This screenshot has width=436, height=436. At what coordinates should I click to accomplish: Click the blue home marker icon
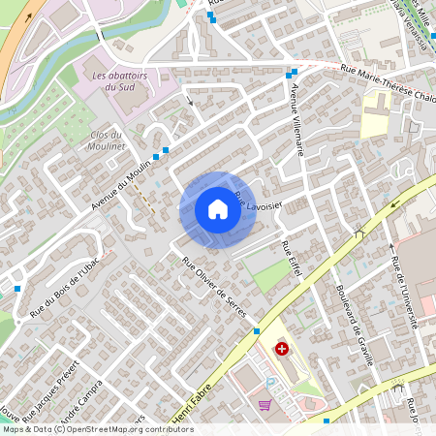(x=217, y=209)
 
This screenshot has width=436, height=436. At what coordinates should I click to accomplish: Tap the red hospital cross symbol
(x=282, y=348)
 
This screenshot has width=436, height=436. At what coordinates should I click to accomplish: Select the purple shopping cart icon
(x=265, y=404)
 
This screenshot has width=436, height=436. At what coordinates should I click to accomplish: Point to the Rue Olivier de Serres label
(x=214, y=287)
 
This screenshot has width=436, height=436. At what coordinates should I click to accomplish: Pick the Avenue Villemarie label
(x=297, y=120)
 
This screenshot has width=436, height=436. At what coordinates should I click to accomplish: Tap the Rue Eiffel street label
(x=292, y=261)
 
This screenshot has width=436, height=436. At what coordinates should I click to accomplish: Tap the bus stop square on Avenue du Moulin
(x=166, y=150)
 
